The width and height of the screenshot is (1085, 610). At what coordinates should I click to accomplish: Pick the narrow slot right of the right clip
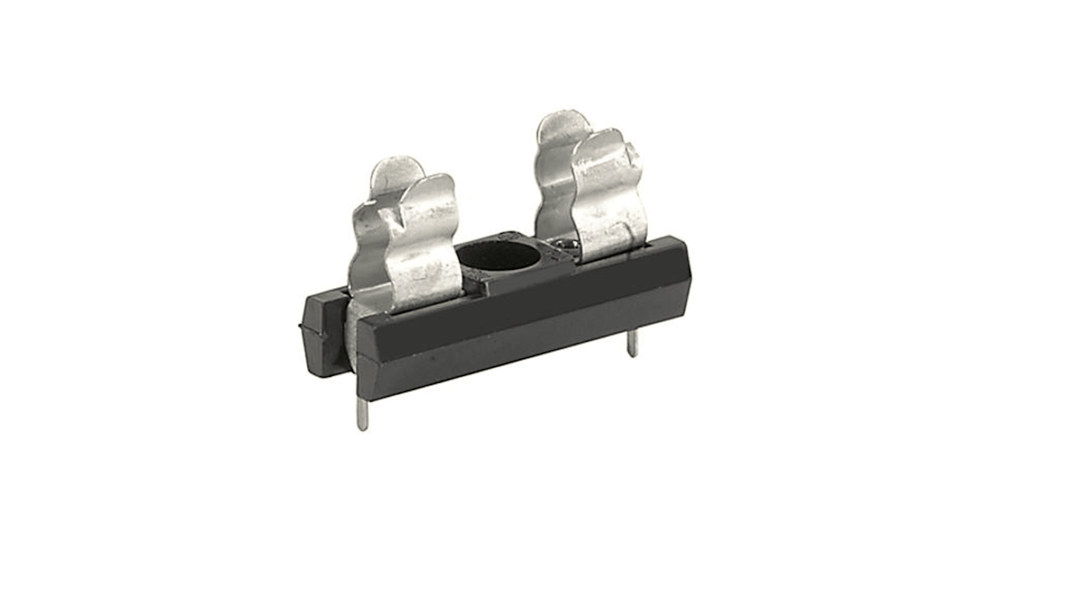[649, 246]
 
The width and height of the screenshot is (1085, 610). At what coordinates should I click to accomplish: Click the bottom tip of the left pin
[363, 427]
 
